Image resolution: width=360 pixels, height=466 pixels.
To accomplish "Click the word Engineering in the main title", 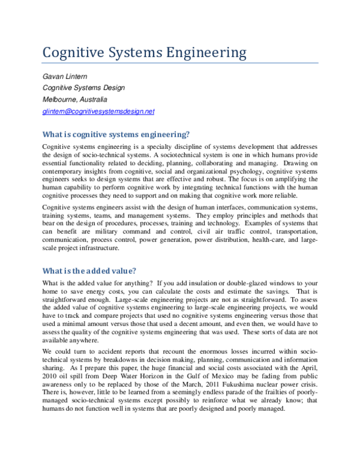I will [x=203, y=53].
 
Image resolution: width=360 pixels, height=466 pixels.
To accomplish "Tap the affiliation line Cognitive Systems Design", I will [x=83, y=88].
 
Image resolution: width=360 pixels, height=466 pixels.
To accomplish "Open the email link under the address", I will [x=98, y=111].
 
